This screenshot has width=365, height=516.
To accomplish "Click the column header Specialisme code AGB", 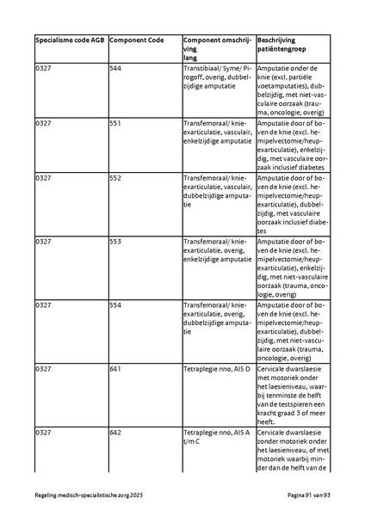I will tap(71, 40).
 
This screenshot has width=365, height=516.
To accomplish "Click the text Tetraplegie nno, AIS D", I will tap(216, 369).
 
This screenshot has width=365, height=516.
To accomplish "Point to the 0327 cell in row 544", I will tap(43, 67).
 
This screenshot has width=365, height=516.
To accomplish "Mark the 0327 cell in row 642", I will tap(43, 433).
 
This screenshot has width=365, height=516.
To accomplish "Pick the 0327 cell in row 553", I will tap(43, 243).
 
